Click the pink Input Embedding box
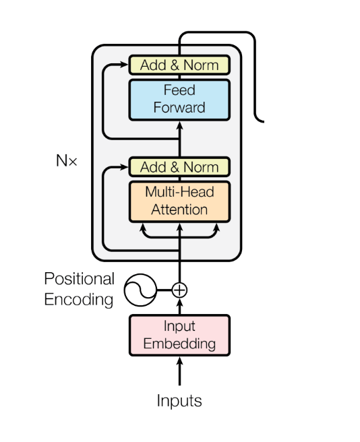pos(179,335)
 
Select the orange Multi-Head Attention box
pos(179,202)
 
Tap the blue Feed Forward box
pos(179,100)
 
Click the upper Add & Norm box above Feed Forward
pos(179,65)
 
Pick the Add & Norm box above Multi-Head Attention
pos(179,167)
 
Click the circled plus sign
pos(180,290)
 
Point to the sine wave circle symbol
pos(140,290)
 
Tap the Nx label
pos(67,160)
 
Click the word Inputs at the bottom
pos(179,401)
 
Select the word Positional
pos(80,279)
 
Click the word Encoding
pos(79,299)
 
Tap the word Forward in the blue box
pos(179,107)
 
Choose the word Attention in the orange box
pos(179,210)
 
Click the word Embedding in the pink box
pos(179,344)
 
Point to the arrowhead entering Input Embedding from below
pos(180,361)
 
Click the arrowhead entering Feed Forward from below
pos(180,126)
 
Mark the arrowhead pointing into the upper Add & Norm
pos(124,65)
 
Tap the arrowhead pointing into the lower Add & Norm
pos(124,167)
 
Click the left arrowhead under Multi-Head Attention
pos(143,228)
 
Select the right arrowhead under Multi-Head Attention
pos(216,228)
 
